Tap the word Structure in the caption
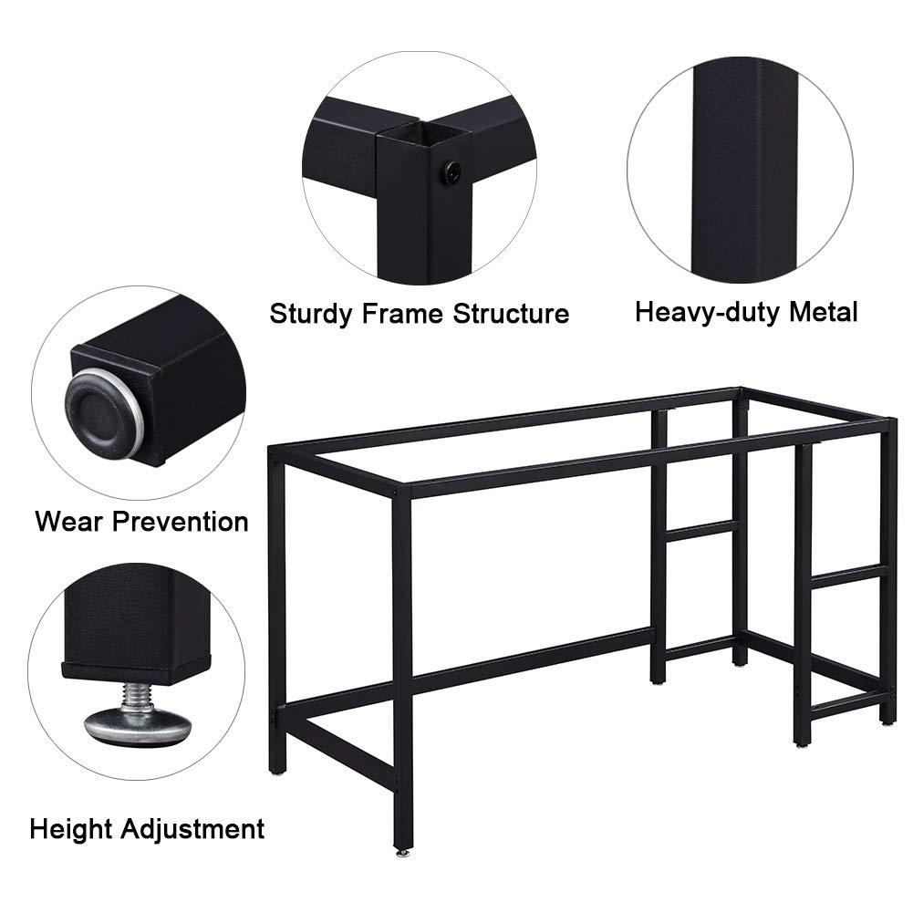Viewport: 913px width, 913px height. [x=512, y=314]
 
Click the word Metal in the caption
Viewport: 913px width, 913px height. [x=824, y=312]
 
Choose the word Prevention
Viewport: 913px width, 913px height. [x=181, y=521]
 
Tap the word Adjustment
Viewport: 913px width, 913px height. [x=192, y=829]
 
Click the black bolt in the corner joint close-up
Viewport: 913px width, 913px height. [x=451, y=171]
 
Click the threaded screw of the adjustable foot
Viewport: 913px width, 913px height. [x=136, y=697]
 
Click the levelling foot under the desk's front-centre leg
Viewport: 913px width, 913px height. [x=401, y=852]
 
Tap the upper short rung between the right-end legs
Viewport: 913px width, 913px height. [x=846, y=575]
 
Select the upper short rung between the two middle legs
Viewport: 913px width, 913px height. [x=701, y=531]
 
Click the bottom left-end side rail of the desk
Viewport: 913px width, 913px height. [x=338, y=750]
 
